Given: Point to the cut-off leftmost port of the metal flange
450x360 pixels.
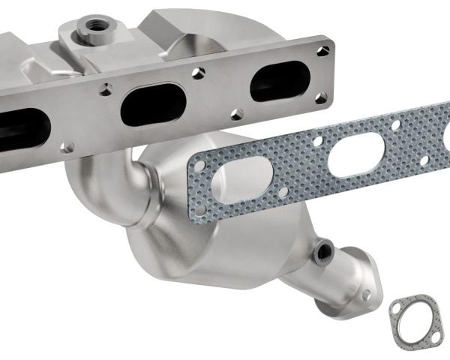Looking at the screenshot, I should pyautogui.click(x=22, y=127).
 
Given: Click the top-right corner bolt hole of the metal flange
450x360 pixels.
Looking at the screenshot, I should pyautogui.click(x=322, y=50).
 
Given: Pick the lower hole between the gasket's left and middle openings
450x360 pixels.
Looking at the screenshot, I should pyautogui.click(x=283, y=192).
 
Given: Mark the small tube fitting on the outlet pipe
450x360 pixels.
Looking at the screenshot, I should pyautogui.click(x=323, y=250).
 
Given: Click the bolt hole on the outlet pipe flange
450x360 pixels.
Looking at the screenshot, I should pyautogui.click(x=365, y=295).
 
